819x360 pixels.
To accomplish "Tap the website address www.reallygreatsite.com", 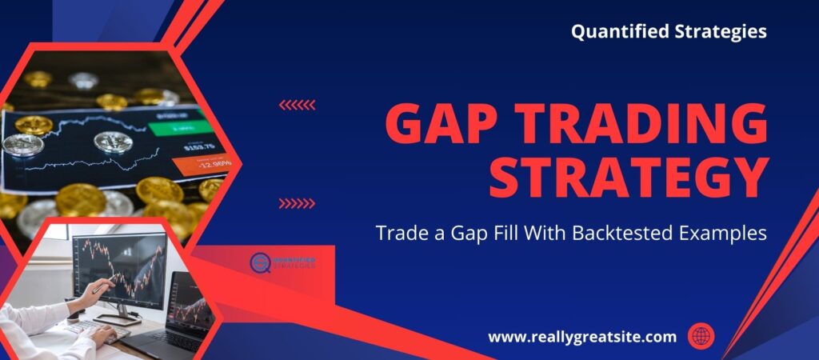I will [x=582, y=337].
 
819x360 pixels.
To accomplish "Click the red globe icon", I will [x=701, y=337].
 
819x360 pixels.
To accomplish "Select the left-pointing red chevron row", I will [x=297, y=105].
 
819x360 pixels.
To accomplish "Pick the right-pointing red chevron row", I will [x=297, y=203].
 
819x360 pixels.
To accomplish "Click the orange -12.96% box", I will [x=203, y=166].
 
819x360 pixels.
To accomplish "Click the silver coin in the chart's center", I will [x=113, y=142].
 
